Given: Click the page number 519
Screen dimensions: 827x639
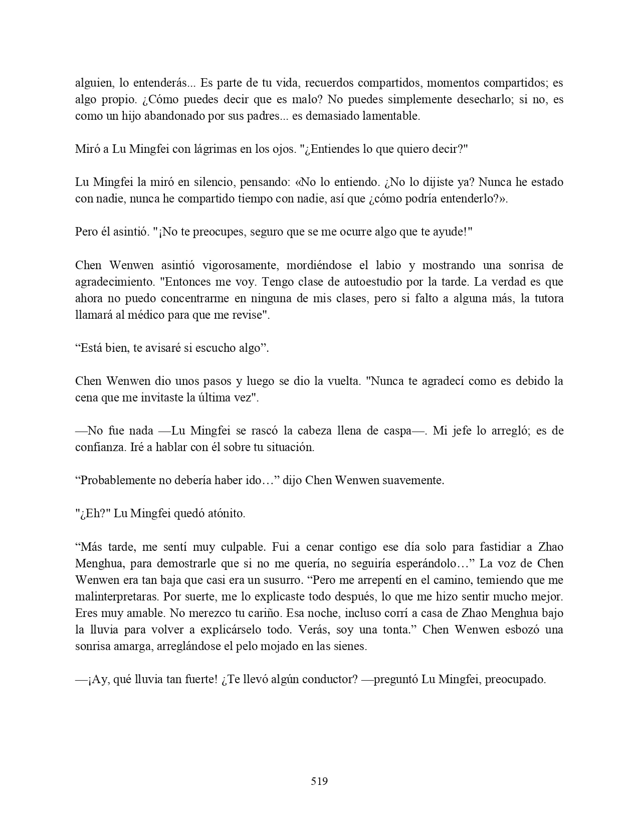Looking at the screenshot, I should [x=319, y=781].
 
